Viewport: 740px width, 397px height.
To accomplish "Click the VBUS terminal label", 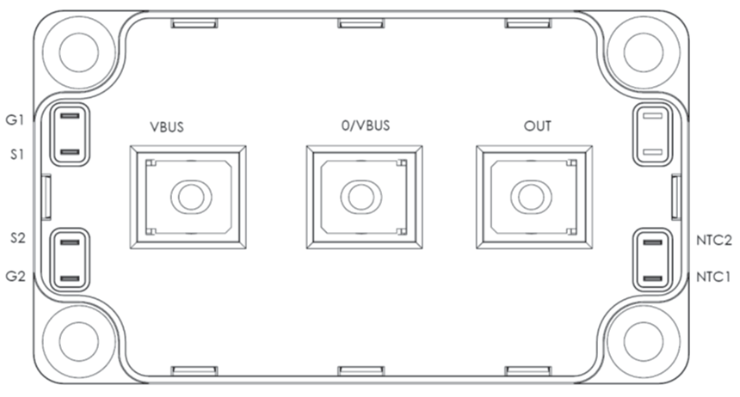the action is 167,127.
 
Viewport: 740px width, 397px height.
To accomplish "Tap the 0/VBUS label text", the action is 366,125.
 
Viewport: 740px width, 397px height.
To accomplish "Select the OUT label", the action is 538,126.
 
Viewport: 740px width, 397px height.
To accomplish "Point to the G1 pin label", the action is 15,119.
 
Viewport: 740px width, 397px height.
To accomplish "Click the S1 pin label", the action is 17,154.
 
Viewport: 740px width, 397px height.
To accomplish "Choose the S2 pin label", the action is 18,238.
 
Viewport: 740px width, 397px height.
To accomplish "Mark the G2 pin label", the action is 15,276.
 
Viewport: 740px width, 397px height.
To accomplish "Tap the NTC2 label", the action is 714,240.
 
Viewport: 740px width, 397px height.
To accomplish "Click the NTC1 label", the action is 713,277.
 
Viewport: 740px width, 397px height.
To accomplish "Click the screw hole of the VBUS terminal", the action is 191,197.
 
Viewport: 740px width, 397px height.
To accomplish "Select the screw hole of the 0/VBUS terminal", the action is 361,197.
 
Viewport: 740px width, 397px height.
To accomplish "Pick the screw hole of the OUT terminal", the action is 531,197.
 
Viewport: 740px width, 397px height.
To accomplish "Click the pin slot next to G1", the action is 71,116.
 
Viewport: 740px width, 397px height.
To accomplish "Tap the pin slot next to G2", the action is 71,278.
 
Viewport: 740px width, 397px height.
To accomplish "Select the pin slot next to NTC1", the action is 653,278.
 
